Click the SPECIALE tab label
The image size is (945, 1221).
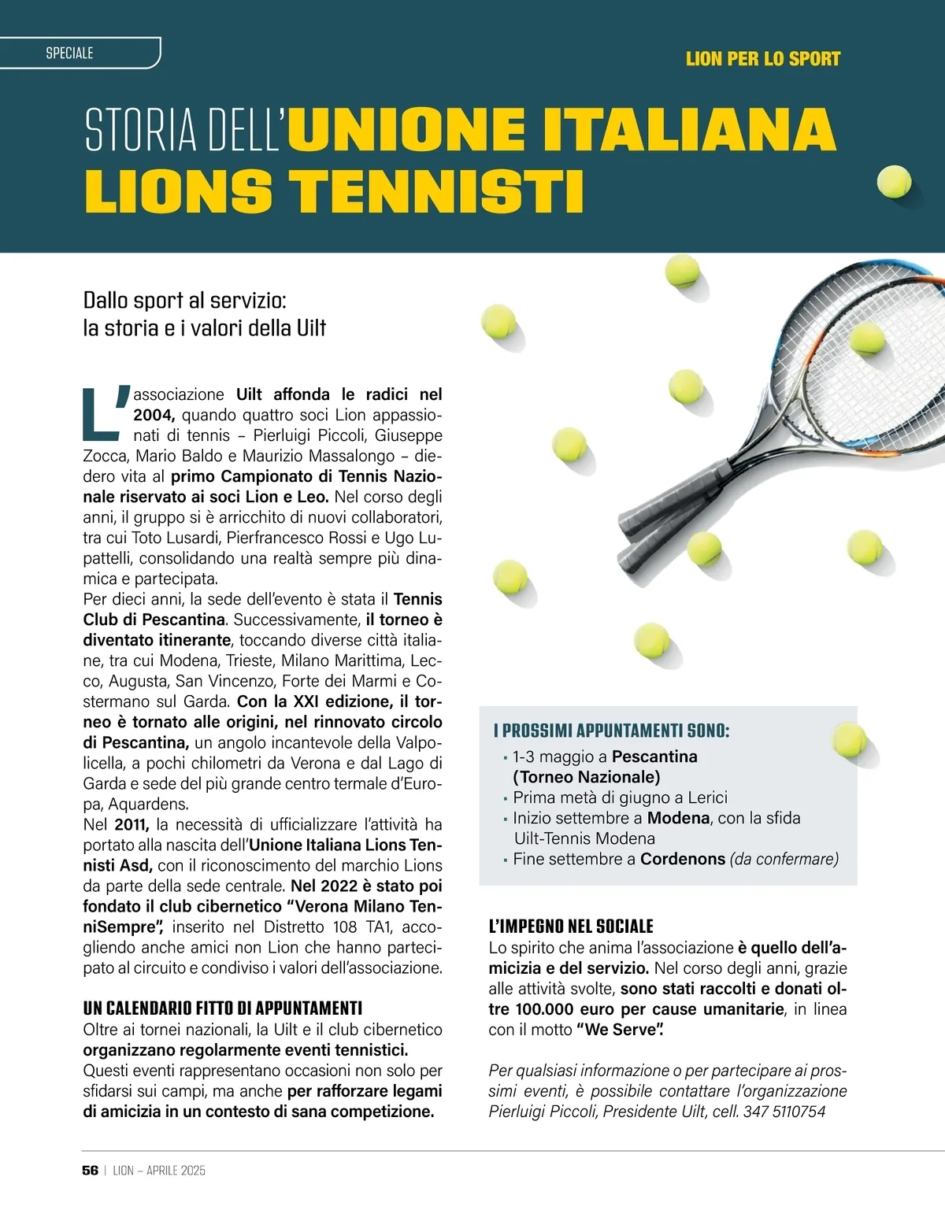(69, 53)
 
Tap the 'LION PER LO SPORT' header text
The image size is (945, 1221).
(762, 59)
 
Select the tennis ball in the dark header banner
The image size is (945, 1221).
(894, 182)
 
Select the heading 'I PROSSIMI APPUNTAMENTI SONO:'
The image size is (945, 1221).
(611, 731)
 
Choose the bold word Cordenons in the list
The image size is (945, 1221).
(682, 859)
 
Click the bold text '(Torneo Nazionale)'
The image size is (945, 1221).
(586, 777)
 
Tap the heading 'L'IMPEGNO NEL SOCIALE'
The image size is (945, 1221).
(571, 926)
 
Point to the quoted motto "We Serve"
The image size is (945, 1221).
(620, 1030)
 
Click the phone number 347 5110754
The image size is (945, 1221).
(784, 1112)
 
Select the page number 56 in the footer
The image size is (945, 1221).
(90, 1171)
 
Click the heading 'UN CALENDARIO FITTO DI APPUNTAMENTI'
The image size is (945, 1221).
(223, 1008)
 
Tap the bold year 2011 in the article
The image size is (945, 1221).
(131, 824)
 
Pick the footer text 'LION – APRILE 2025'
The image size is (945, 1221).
(159, 1171)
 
